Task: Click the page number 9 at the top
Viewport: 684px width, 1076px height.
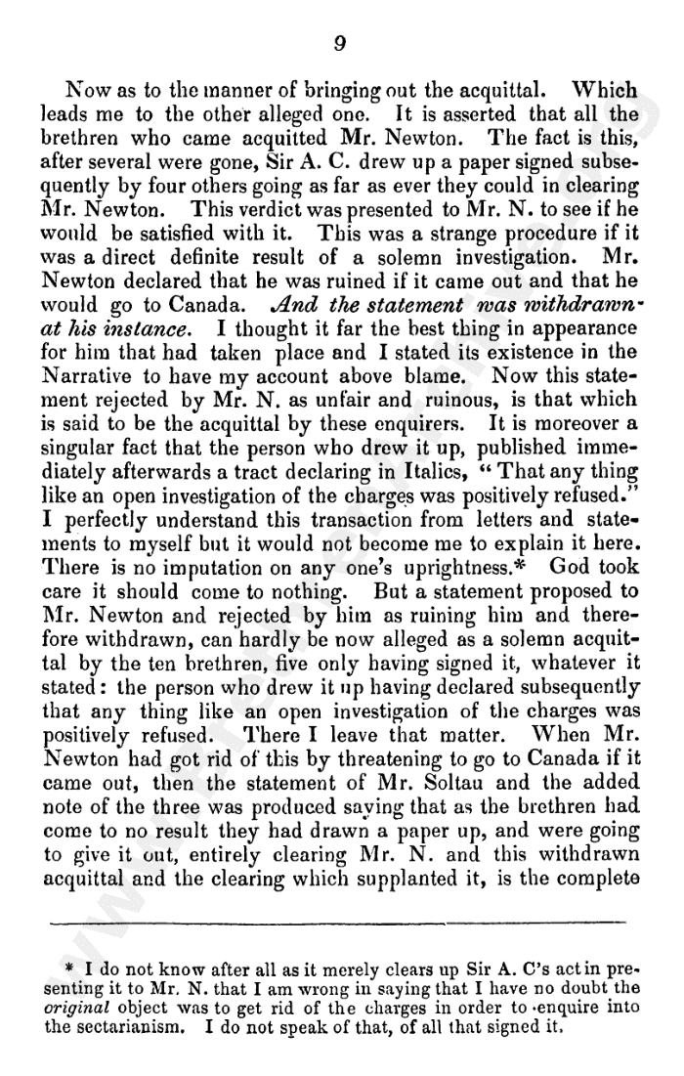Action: pos(339,43)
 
